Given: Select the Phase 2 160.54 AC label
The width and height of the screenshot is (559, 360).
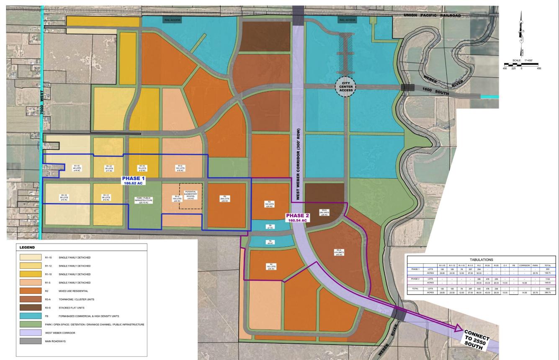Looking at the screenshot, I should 299,218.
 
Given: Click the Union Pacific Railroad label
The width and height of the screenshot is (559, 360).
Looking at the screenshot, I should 432,15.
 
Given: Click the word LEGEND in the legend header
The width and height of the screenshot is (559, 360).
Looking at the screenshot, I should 27,247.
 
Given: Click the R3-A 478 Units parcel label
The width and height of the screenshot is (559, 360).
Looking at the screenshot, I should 338,253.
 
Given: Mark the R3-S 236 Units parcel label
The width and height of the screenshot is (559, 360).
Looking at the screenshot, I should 324,212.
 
